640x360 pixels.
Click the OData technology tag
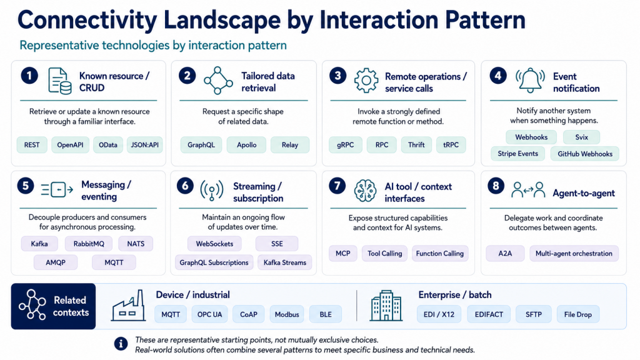[x=107, y=145]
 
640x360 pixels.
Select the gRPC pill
[x=345, y=145]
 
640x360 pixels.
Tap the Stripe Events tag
[x=517, y=154]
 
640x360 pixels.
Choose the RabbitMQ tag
[x=89, y=244]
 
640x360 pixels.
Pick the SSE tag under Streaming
[x=277, y=244]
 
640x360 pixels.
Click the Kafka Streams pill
[x=284, y=262]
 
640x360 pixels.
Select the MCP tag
[x=343, y=254]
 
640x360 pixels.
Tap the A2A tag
[x=505, y=254]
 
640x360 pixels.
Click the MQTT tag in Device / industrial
[x=171, y=314]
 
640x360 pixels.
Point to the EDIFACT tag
[x=489, y=314]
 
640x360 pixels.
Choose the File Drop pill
[x=577, y=314]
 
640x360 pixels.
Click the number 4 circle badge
[x=498, y=76]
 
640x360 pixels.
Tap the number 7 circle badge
[x=337, y=186]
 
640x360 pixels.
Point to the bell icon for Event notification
[x=530, y=81]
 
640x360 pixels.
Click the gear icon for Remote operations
[x=366, y=81]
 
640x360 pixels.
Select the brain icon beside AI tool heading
[x=365, y=191]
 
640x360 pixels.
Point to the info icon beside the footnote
[x=121, y=344]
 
